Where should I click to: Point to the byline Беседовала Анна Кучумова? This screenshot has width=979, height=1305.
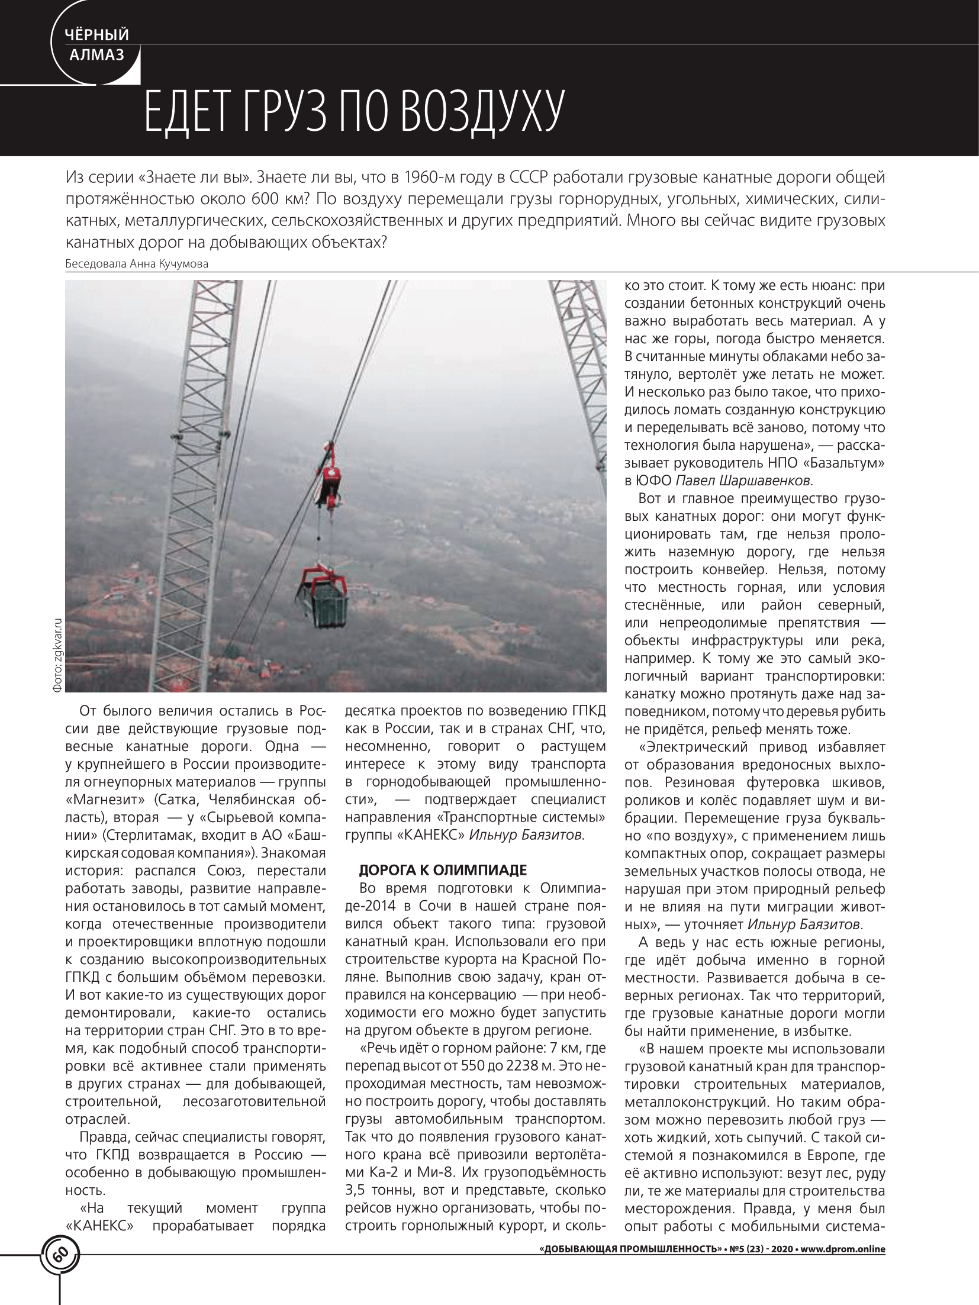[x=137, y=265]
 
